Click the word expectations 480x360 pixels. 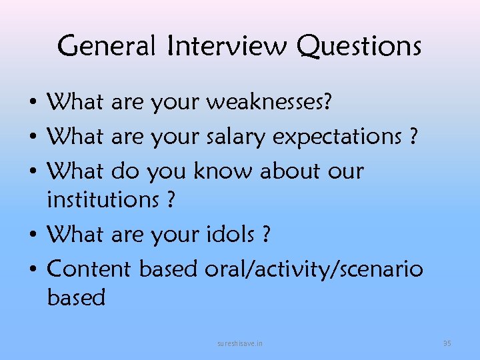[x=338, y=137]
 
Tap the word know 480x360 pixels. [x=223, y=171]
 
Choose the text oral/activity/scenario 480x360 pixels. [x=313, y=269]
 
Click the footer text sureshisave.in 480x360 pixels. [x=240, y=343]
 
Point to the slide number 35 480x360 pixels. [x=447, y=343]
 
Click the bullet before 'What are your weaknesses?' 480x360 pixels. [x=32, y=105]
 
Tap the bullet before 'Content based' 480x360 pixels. [x=32, y=270]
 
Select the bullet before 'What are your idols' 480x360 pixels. [x=32, y=235]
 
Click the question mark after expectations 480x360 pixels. [x=414, y=136]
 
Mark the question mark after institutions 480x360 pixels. [x=171, y=199]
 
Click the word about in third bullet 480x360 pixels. [x=290, y=171]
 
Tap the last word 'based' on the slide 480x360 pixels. [x=76, y=297]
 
